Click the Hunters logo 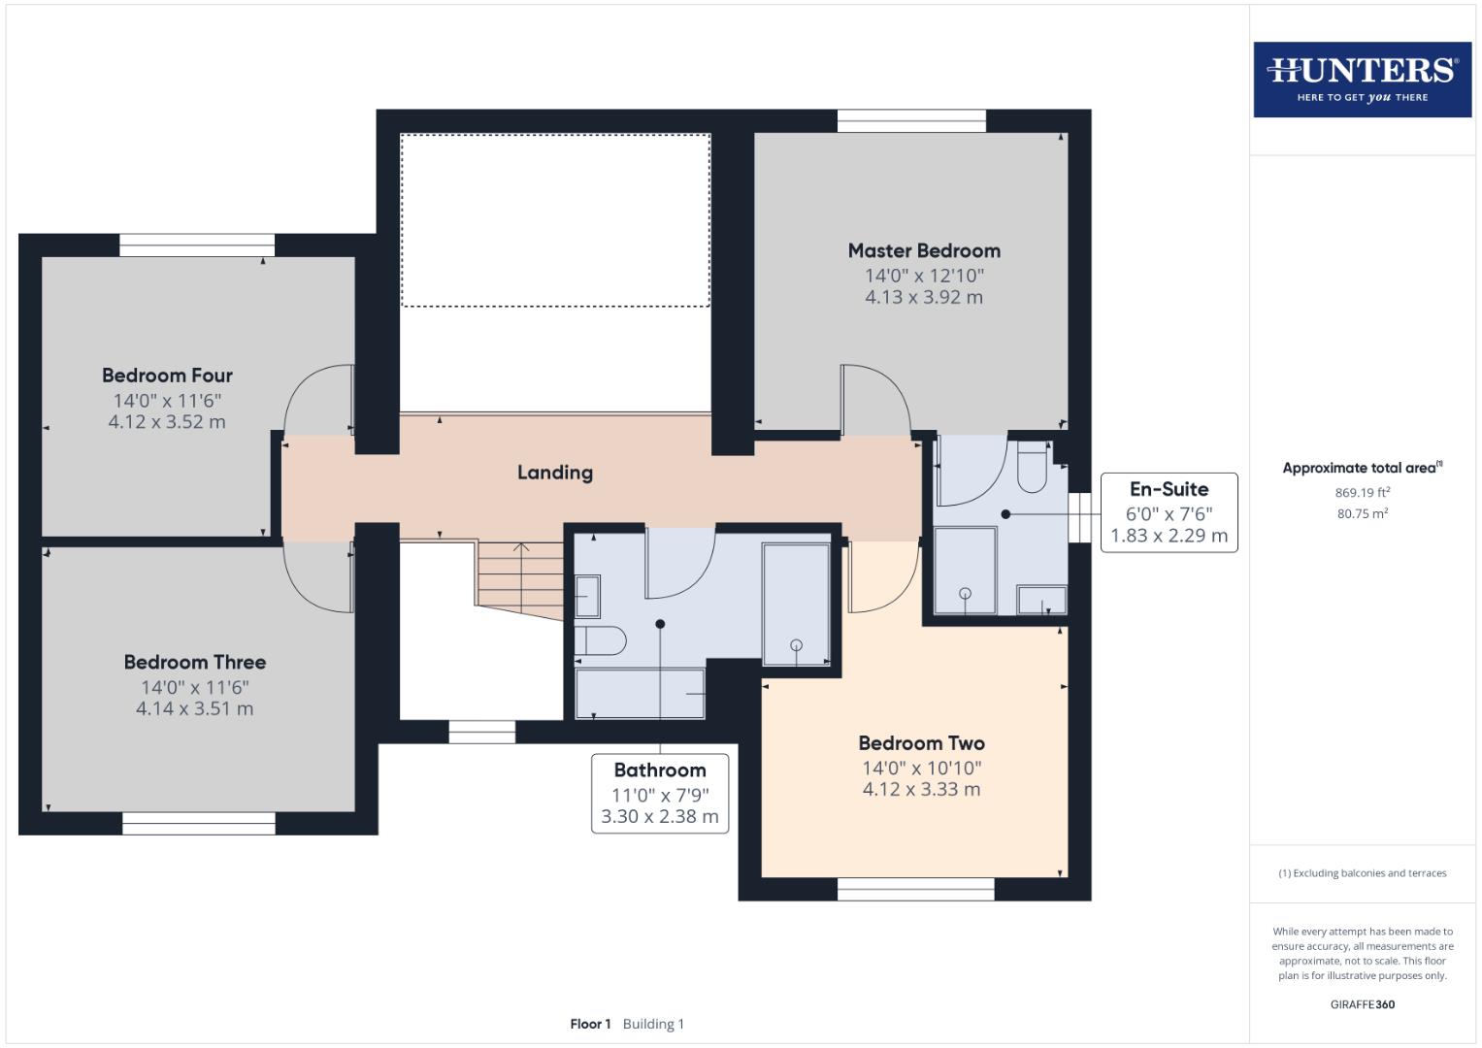click(x=1362, y=79)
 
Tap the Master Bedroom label click(x=924, y=250)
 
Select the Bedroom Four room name click(x=167, y=376)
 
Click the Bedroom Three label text click(x=194, y=662)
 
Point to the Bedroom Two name click(x=921, y=743)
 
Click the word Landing click(x=554, y=473)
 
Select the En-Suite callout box click(x=1169, y=512)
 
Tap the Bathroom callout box click(x=660, y=793)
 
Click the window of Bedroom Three click(x=199, y=824)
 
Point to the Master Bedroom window click(x=911, y=120)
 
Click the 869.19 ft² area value click(x=1362, y=492)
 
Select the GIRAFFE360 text click(x=1362, y=1004)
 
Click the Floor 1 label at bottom click(x=590, y=1024)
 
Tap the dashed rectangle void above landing click(x=555, y=220)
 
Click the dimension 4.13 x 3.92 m click(x=923, y=297)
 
